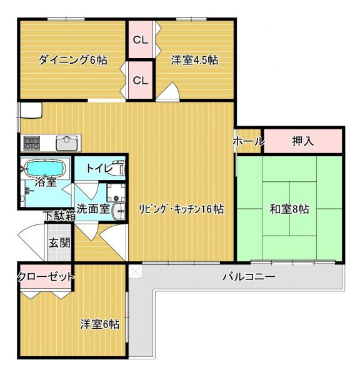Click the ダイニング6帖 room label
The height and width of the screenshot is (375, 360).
72,60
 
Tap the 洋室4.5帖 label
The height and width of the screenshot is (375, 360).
194,60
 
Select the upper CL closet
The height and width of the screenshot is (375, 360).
141,39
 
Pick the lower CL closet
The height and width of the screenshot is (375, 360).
141,80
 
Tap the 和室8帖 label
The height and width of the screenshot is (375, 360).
289,209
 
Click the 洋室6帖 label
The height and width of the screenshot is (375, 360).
100,324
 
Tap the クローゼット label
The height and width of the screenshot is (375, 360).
46,277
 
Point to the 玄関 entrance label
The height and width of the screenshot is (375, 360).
59,243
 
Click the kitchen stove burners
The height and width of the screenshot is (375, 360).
31,143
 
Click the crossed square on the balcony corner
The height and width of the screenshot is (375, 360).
136,270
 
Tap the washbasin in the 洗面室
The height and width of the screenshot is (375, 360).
119,211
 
